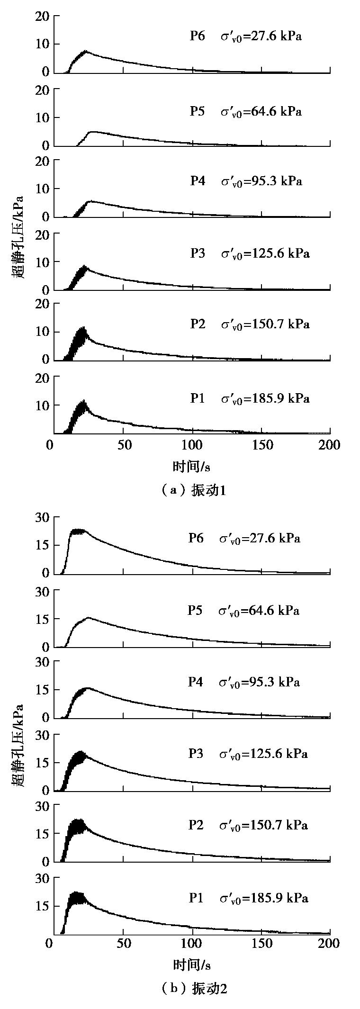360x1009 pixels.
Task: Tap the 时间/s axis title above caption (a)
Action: click(191, 467)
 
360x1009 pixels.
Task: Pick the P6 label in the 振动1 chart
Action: click(198, 36)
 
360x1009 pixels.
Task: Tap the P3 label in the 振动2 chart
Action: click(196, 753)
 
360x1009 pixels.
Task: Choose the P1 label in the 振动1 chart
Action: click(198, 398)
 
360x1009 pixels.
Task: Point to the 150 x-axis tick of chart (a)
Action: click(263, 445)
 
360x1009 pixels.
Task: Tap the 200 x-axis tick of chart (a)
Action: click(330, 445)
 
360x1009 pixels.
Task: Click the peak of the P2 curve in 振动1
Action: click(83, 328)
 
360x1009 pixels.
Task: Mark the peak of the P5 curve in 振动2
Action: click(88, 618)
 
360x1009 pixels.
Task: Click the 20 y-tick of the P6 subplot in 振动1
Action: click(42, 16)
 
